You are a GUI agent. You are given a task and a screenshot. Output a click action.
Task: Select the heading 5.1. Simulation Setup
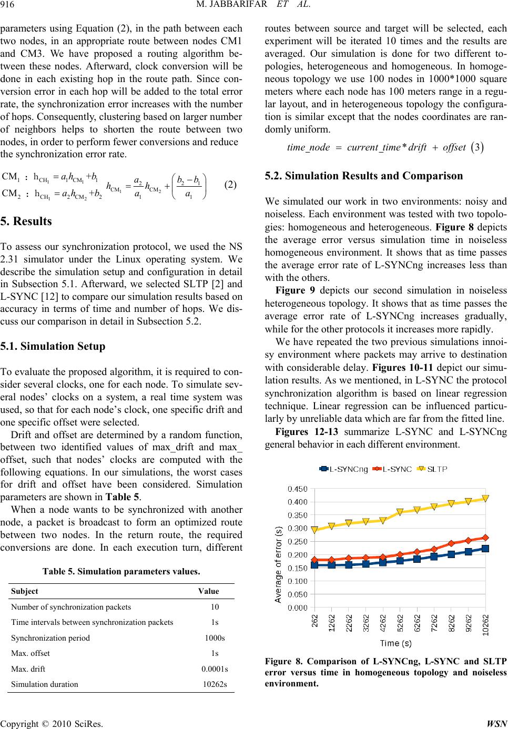tap(54, 347)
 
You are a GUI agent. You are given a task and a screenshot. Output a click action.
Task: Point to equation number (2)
tap(231, 185)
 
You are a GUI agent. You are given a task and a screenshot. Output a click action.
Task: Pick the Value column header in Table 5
tap(208, 591)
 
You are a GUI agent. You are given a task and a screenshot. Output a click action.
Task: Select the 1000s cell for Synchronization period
tap(215, 638)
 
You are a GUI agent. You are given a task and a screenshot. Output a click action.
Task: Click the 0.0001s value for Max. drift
tap(215, 669)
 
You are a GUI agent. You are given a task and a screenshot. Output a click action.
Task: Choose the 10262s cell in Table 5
tap(215, 685)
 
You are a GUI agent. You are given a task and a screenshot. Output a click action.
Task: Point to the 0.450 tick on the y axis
tap(298, 489)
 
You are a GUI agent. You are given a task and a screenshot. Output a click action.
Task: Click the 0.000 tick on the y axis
tap(298, 607)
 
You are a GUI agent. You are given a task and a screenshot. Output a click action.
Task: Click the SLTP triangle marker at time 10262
tap(485, 498)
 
